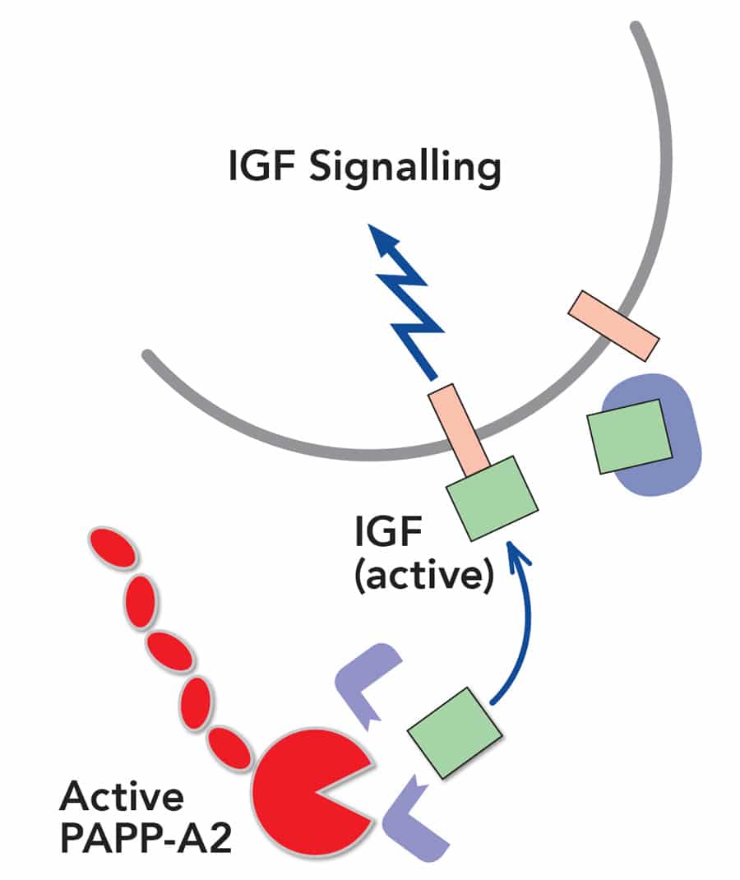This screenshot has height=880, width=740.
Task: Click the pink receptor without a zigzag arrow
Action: pos(614,325)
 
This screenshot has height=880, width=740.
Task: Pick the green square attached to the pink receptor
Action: pos(491,498)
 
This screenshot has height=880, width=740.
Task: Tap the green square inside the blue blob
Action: pos(629,436)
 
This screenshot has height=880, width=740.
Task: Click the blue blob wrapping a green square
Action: pos(682,461)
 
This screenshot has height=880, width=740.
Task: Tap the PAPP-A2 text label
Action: pos(140,841)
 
